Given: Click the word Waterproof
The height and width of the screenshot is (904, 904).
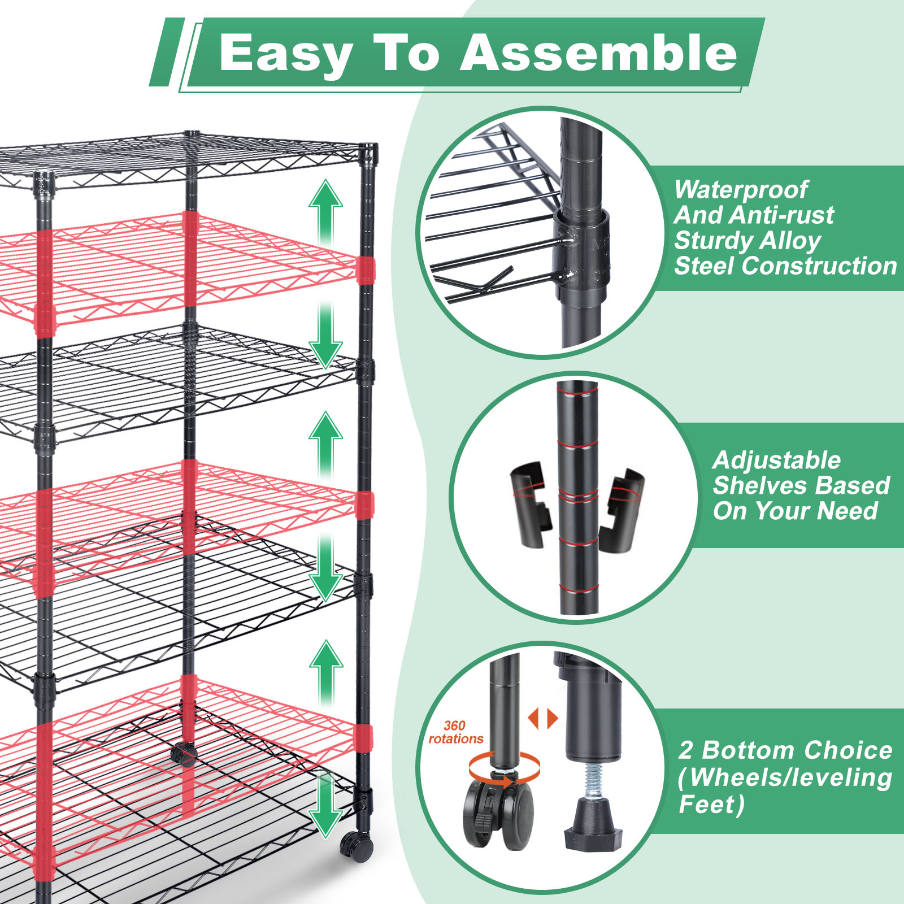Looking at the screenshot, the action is [741, 190].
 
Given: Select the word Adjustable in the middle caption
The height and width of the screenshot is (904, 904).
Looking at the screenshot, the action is [777, 461].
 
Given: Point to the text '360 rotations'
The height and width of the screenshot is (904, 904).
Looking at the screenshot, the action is [455, 732].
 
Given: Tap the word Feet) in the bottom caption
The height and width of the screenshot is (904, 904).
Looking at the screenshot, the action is [711, 804].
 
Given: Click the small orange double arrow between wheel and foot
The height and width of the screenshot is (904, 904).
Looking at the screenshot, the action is [543, 719].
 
